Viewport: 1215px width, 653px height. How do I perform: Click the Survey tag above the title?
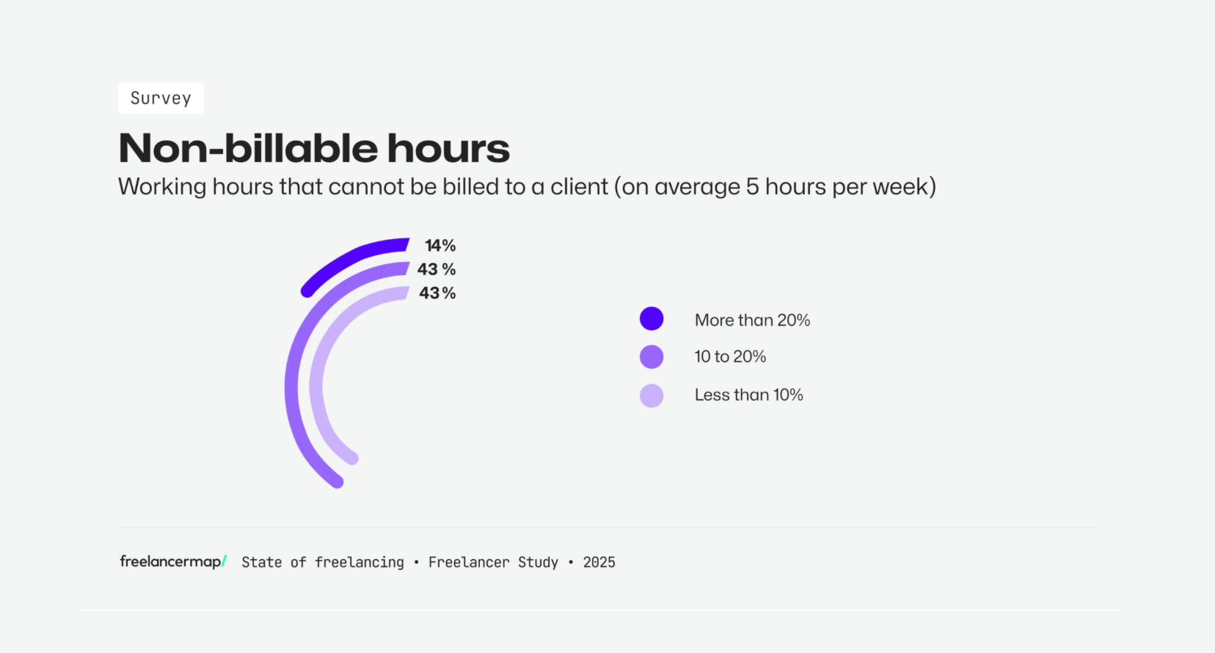(161, 98)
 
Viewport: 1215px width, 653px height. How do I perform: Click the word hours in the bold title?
(448, 148)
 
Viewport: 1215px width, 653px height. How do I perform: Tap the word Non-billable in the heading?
(249, 148)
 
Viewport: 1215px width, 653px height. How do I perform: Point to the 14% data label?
(440, 246)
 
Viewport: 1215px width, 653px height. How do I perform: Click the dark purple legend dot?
(652, 319)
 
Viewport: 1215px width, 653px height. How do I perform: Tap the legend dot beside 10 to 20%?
(652, 357)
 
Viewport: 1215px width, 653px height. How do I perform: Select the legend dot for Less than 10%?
(652, 395)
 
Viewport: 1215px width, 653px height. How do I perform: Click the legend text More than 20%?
(752, 321)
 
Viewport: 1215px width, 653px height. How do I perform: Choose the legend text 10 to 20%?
(730, 357)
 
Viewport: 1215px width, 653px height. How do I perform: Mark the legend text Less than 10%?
(748, 395)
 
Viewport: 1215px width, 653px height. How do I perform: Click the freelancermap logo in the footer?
(173, 562)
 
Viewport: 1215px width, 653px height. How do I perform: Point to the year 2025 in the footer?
(599, 563)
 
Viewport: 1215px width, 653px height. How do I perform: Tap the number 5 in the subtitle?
(752, 187)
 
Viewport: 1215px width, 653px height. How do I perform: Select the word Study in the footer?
(538, 563)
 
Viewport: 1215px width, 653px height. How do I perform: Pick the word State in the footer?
(262, 563)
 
